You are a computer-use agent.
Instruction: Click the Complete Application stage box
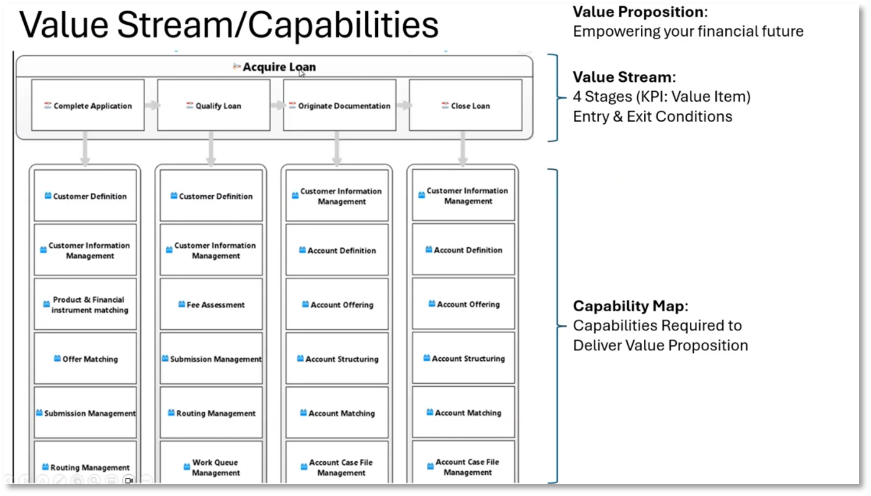pos(87,105)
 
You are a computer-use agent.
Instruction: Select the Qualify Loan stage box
pos(213,105)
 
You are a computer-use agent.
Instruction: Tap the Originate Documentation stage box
pos(339,105)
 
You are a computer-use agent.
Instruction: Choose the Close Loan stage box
pos(465,105)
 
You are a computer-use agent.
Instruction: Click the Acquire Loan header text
pos(279,67)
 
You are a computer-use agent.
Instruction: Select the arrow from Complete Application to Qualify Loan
pos(151,105)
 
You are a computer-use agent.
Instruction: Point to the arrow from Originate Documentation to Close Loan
pos(403,105)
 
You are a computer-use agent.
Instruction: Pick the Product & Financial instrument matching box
pos(85,304)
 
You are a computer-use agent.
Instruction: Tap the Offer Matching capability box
pos(85,359)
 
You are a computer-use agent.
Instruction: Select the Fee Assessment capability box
pos(211,304)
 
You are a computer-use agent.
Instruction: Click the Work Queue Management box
pos(211,467)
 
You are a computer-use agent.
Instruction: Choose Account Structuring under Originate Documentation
pos(337,359)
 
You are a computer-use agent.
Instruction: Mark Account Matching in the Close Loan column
pos(463,413)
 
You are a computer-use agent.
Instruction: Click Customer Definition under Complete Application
pos(85,196)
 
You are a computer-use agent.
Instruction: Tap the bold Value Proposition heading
pos(638,12)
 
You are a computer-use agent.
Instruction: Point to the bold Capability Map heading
pos(629,306)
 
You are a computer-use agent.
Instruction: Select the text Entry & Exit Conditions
pos(652,117)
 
